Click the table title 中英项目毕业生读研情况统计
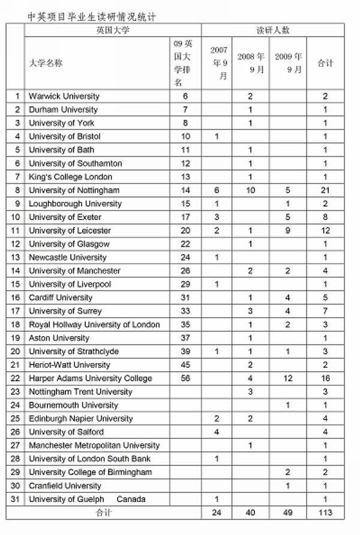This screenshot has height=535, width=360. [x=92, y=16]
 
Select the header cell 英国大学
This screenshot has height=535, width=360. [x=112, y=30]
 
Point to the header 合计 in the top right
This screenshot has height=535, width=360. [x=325, y=63]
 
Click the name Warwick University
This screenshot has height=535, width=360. [x=64, y=96]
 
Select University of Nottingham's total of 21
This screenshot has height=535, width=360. [x=325, y=190]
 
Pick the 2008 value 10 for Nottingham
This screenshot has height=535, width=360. [x=250, y=190]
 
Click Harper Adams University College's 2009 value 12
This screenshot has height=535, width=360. [x=288, y=378]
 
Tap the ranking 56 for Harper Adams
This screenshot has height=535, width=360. [x=185, y=378]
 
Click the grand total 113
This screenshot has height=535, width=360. [x=325, y=513]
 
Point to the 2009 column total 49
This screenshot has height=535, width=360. [x=288, y=513]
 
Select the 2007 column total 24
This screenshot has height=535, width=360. [x=217, y=513]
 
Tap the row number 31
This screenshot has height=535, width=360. [x=17, y=499]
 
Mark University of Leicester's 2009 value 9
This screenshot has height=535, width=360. [x=288, y=231]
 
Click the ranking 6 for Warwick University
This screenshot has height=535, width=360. [x=185, y=96]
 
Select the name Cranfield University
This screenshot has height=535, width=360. [x=65, y=486]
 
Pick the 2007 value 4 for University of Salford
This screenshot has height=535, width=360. [x=217, y=432]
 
